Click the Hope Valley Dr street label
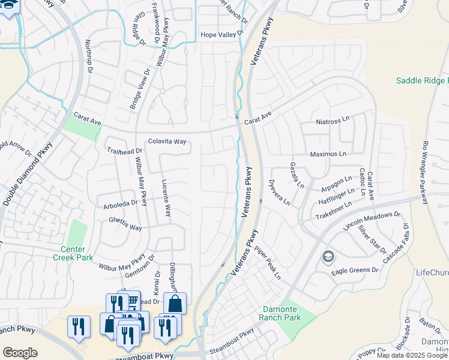coord(223,35)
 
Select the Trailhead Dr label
coord(124,151)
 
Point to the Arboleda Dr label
coord(121,203)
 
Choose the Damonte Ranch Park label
coord(282,314)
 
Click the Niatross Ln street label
coord(333,122)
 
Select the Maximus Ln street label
coord(328,154)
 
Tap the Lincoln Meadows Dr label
coord(371,222)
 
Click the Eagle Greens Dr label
coord(355,271)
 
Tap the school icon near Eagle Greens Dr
coord(328,257)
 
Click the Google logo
coord(20,352)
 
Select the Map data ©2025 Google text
coord(412,355)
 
